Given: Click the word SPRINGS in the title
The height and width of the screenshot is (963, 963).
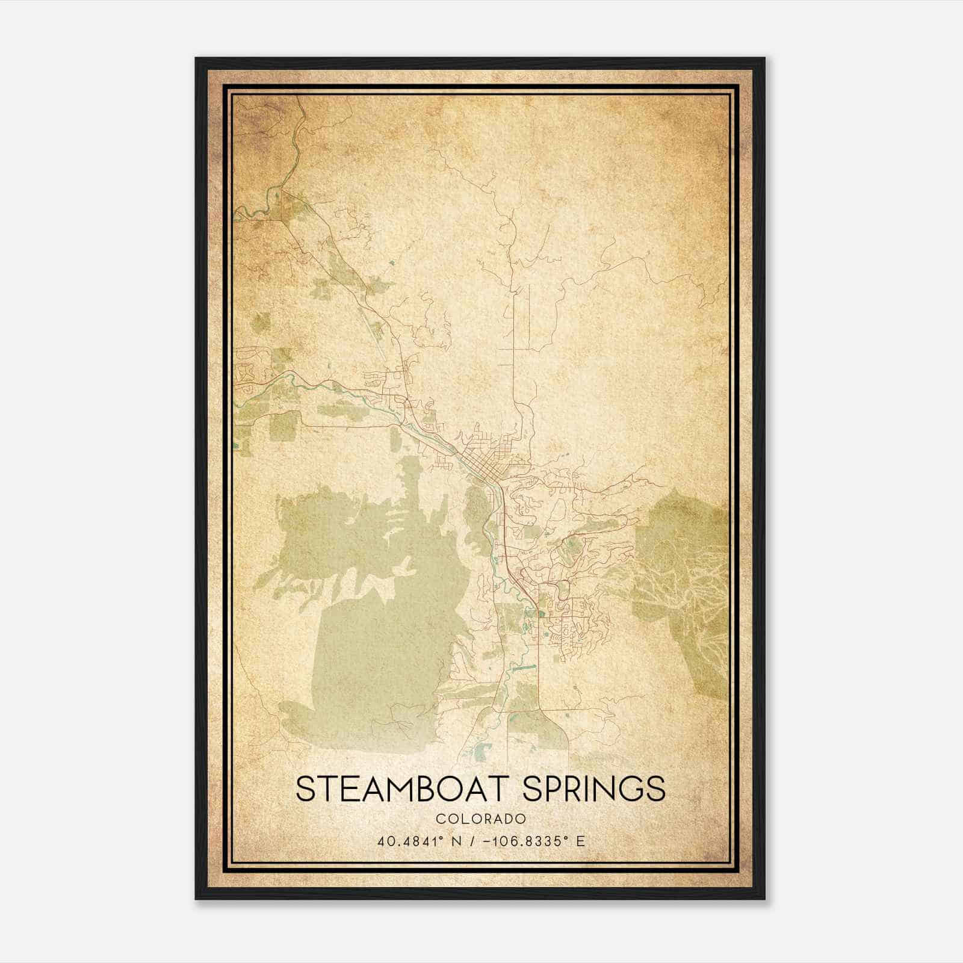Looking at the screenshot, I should click(594, 789).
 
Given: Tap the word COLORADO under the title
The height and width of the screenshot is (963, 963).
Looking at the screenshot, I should click(481, 819).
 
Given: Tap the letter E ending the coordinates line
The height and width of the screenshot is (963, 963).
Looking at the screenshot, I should click(580, 841).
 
